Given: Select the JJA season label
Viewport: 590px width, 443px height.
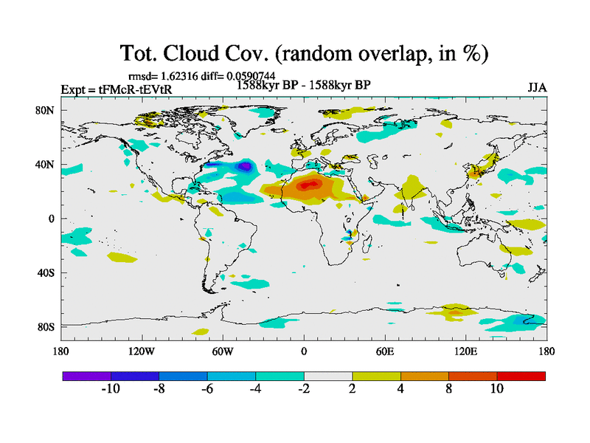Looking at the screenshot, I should click(x=537, y=87).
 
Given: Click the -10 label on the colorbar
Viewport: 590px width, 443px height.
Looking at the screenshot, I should click(x=111, y=390).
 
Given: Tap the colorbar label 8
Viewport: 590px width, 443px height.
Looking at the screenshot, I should click(x=448, y=390).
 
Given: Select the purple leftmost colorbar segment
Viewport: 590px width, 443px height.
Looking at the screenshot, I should click(x=86, y=376).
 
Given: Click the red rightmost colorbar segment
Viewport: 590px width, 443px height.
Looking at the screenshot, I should click(x=521, y=376).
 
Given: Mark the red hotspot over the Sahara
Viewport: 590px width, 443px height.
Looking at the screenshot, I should click(x=310, y=183).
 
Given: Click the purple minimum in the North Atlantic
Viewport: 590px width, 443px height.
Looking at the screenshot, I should click(x=243, y=167).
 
